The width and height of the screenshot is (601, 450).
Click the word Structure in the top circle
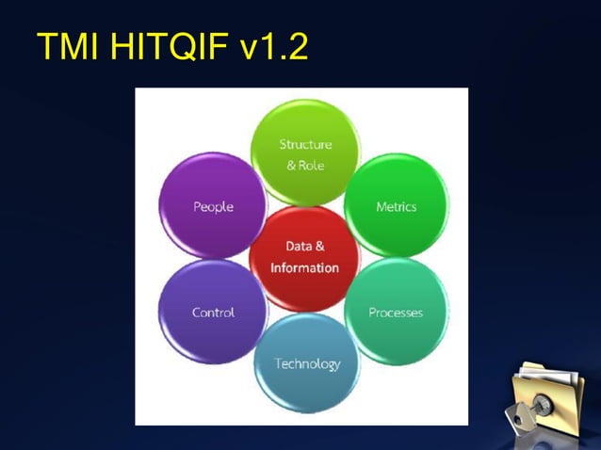[305, 144]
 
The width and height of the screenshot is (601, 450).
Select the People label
[213, 207]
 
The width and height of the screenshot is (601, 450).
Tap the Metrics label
[396, 207]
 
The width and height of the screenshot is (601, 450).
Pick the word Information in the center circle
[304, 267]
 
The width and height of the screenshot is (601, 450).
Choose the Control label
[213, 313]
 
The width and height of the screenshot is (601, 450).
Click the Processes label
[395, 313]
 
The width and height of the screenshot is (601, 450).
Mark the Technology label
[307, 363]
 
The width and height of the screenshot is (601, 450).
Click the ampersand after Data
[320, 246]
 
